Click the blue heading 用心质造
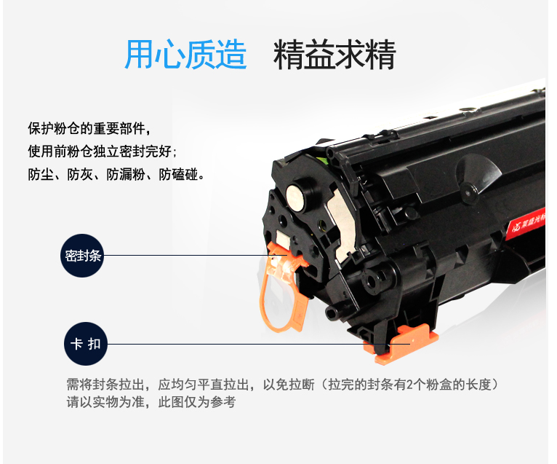[x=185, y=55]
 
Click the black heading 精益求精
[x=334, y=55]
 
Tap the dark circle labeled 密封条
[x=82, y=256]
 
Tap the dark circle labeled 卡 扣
[x=86, y=344]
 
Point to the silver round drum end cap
[x=295, y=197]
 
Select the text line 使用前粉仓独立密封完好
[x=102, y=152]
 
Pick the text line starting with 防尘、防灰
[x=116, y=174]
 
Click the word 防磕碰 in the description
[x=178, y=174]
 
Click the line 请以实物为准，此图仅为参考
[x=151, y=402]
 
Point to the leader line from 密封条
[x=195, y=255]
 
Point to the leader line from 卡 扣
[x=258, y=344]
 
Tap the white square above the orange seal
[x=281, y=237]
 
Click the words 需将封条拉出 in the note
[x=105, y=385]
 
